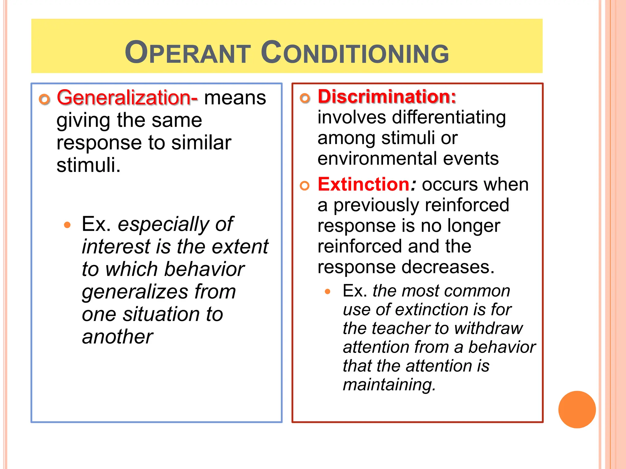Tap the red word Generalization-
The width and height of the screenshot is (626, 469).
click(127, 98)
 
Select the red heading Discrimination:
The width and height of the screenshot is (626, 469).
click(387, 96)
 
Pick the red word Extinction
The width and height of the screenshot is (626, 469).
click(363, 184)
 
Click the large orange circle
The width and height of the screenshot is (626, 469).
click(577, 409)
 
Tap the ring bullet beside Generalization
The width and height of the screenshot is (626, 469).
click(45, 99)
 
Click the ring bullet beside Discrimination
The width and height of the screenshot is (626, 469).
click(305, 98)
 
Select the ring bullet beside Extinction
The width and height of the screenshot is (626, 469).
click(305, 186)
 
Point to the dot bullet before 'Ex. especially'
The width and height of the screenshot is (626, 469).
click(67, 225)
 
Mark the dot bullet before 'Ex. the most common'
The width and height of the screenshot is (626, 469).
click(328, 292)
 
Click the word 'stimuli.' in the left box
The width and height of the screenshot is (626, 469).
click(89, 165)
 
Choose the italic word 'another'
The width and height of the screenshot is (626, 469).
click(117, 337)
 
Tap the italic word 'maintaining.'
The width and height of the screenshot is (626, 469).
click(389, 384)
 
